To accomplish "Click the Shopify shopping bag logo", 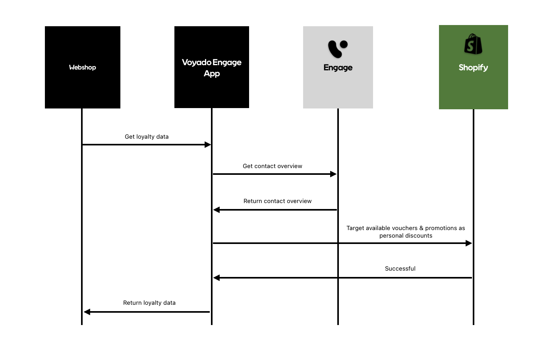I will pyautogui.click(x=473, y=44).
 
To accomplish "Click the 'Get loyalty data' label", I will pyautogui.click(x=147, y=137).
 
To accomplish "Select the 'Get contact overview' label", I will pyautogui.click(x=273, y=166).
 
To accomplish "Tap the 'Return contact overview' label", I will pyautogui.click(x=277, y=201).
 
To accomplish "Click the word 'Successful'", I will pyautogui.click(x=400, y=269).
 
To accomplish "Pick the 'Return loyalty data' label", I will pyautogui.click(x=149, y=303).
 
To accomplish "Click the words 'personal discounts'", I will pyautogui.click(x=406, y=236).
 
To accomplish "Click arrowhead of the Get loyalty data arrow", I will pyautogui.click(x=208, y=145).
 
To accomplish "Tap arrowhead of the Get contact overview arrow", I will pyautogui.click(x=333, y=174).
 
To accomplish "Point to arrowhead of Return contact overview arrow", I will pyautogui.click(x=217, y=210).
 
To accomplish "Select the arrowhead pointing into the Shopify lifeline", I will pyautogui.click(x=469, y=243).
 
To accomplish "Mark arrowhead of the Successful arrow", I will pyautogui.click(x=217, y=278).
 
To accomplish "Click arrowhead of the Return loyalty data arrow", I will pyautogui.click(x=87, y=312).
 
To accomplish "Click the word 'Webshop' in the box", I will pyautogui.click(x=82, y=68).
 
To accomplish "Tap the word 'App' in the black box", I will pyautogui.click(x=212, y=74).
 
